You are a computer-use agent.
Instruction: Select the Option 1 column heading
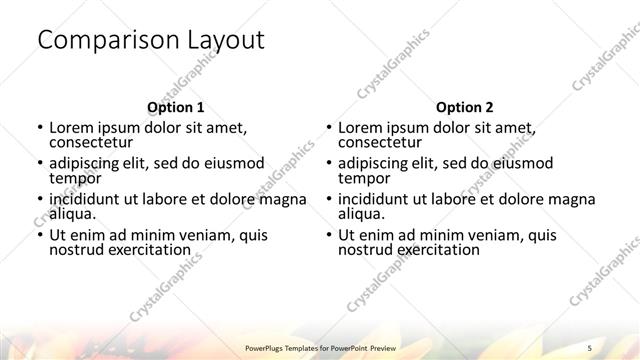[x=175, y=107]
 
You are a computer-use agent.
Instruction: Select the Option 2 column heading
[x=465, y=107]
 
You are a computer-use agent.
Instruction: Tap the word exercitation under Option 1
[x=146, y=249]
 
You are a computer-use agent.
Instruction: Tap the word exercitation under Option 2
[x=435, y=249]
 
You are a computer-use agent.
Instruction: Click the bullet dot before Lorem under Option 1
[x=38, y=128]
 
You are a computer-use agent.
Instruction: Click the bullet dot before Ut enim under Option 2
[x=327, y=236]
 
